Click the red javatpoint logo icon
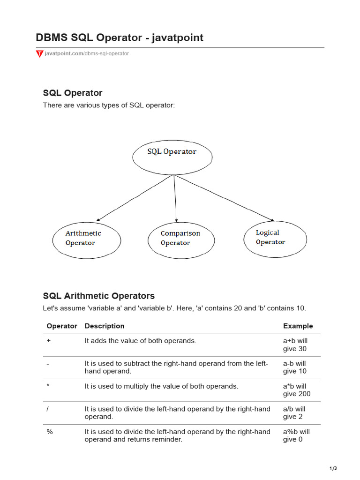[x=39, y=54]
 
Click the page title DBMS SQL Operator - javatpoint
[x=120, y=37]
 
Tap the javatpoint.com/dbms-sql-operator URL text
[x=87, y=53]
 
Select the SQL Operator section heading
[x=73, y=93]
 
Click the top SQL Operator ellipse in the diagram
[x=172, y=157]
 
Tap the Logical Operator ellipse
[x=275, y=239]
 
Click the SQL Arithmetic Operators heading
[x=99, y=296]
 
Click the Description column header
[x=105, y=326]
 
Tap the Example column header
[x=298, y=326]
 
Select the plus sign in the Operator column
[x=49, y=341]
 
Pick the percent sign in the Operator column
[x=50, y=431]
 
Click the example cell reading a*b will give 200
[x=296, y=390]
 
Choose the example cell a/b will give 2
[x=294, y=412]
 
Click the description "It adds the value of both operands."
[x=140, y=341]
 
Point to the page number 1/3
[x=333, y=468]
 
